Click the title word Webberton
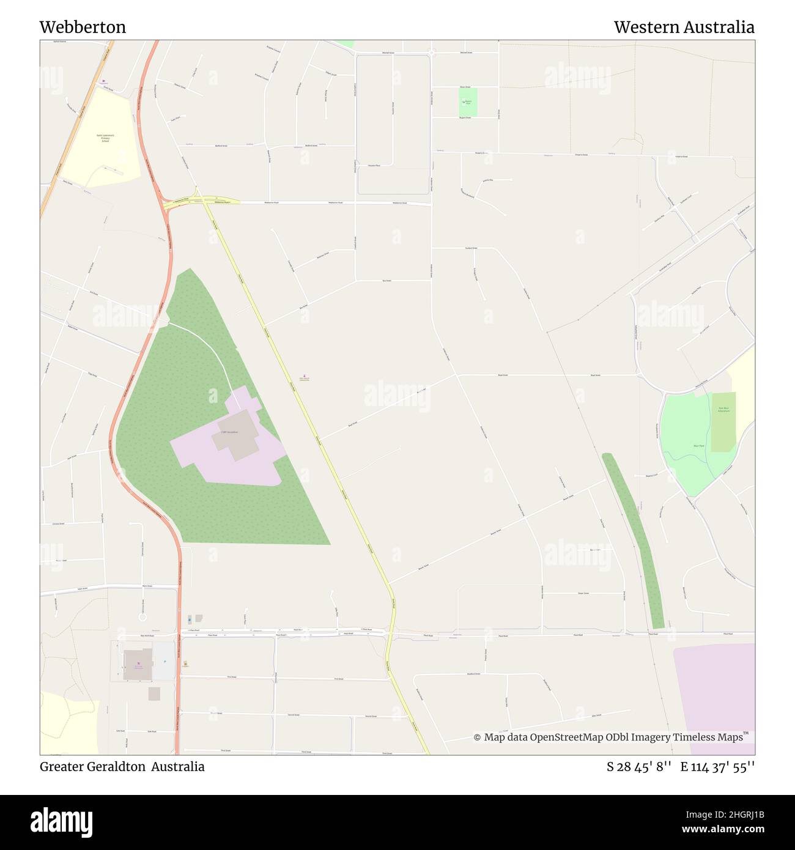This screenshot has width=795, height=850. (x=83, y=28)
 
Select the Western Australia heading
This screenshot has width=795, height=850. (x=684, y=28)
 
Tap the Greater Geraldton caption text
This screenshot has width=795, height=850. (x=92, y=766)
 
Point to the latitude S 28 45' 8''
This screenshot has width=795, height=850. (x=640, y=767)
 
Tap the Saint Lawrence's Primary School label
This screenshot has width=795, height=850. (x=105, y=138)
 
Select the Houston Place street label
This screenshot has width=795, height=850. (x=374, y=165)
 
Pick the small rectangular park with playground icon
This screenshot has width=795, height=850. (x=468, y=102)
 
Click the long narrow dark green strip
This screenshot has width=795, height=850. (x=634, y=538)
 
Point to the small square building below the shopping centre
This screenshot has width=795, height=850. (x=154, y=693)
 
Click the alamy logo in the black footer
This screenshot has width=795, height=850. (x=62, y=821)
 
